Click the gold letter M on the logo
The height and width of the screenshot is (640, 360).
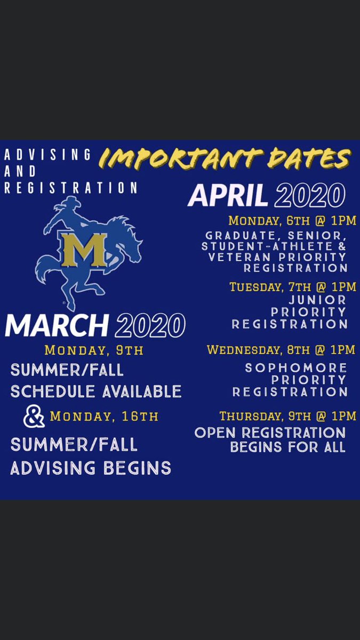click(82, 249)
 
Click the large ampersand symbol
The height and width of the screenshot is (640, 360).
click(34, 417)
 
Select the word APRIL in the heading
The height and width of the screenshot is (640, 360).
click(228, 196)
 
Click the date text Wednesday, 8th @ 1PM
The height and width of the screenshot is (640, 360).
click(281, 350)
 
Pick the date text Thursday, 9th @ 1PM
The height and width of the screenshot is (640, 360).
click(287, 415)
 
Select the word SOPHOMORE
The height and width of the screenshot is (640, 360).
click(296, 368)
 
